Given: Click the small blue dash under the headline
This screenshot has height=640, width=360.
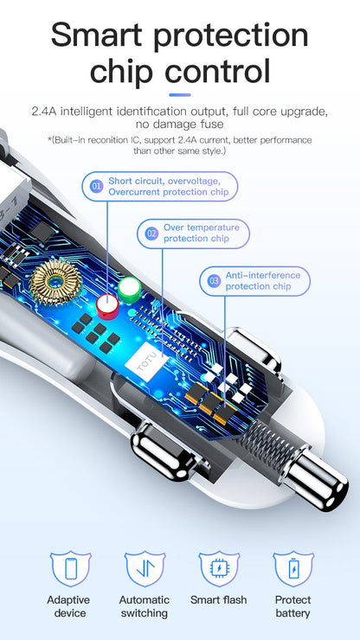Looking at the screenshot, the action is [180, 95].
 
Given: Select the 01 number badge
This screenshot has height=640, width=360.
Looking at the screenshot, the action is [97, 187].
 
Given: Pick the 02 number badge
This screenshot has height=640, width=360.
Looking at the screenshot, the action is [152, 234].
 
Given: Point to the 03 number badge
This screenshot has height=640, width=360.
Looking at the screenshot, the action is [214, 281].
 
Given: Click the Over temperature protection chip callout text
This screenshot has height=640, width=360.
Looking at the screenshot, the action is [202, 233].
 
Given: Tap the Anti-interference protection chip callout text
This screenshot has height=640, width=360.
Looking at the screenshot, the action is [263, 281].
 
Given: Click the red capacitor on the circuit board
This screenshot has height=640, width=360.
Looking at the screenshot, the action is [107, 305].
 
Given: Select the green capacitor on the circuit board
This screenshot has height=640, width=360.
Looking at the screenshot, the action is [130, 290].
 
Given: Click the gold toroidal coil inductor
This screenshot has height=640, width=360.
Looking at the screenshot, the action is [56, 283].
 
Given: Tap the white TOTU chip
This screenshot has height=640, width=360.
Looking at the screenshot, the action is [147, 362].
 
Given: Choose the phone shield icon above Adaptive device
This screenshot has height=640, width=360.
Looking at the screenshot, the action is [71, 567].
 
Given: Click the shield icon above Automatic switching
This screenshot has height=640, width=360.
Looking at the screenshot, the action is [145, 567].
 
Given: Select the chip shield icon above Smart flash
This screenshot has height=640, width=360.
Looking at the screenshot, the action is [219, 567].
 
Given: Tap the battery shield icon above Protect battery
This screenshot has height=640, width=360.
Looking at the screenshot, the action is [293, 567].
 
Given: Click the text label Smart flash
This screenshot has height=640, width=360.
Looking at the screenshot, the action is [219, 600].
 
